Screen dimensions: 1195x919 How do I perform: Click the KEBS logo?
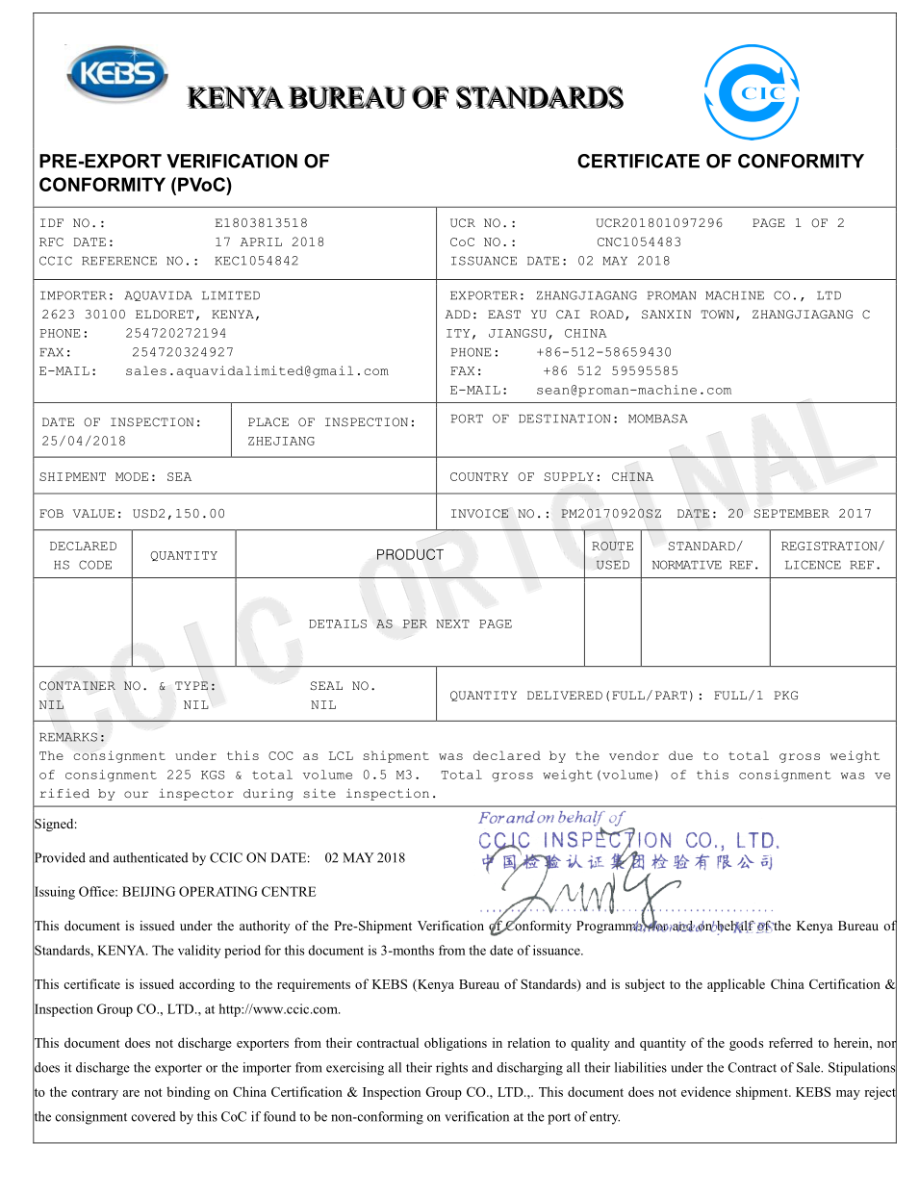pos(117,74)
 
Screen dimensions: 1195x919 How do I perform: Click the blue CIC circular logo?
pos(752,92)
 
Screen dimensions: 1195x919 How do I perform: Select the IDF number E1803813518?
pos(261,223)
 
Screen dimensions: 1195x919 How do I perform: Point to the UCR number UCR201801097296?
pos(659,223)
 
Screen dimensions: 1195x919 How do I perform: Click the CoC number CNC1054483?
pos(638,242)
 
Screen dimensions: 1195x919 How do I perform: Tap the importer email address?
pos(257,371)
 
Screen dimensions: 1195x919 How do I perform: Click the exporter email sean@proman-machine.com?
pos(633,391)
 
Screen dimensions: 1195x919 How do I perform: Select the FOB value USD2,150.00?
pos(179,514)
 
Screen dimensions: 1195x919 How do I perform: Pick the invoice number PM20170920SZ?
pos(611,514)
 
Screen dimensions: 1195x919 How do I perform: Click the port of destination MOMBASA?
pos(657,420)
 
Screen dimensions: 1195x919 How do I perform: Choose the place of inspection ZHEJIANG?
pos(281,442)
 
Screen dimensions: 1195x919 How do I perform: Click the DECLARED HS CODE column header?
pos(83,555)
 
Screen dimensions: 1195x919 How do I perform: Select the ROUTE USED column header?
pos(612,555)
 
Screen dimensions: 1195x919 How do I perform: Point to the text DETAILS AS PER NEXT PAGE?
pos(410,624)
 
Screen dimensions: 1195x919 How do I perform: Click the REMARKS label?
pos(72,738)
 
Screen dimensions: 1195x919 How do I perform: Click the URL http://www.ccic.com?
pos(279,1009)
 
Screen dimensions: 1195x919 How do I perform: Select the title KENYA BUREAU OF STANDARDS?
pos(405,98)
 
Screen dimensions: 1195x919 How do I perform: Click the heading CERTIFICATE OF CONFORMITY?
pos(720,162)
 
